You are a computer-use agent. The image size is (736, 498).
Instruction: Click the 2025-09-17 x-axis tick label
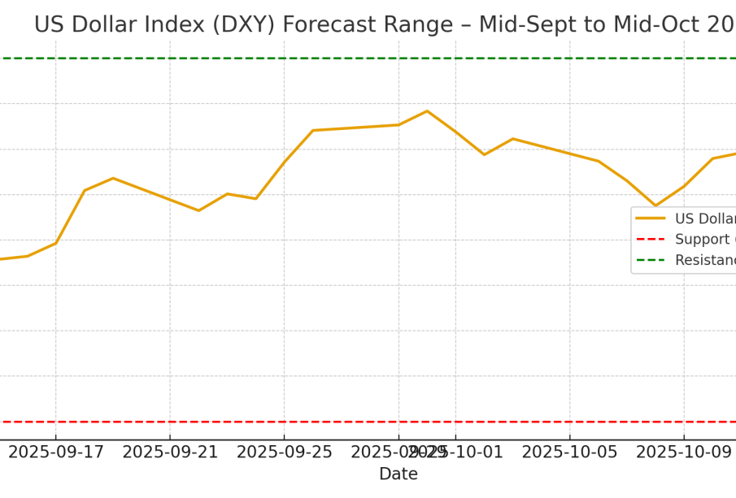(56, 453)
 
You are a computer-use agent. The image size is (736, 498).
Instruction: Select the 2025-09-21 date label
(170, 453)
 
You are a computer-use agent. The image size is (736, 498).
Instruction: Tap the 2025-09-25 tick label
(284, 453)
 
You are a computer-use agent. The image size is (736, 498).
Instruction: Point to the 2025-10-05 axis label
(569, 453)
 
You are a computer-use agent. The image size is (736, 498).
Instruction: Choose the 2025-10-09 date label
(683, 453)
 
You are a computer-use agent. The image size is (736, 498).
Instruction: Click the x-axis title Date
(398, 474)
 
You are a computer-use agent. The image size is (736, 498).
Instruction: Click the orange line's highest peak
(427, 111)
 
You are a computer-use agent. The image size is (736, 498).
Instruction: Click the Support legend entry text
(704, 240)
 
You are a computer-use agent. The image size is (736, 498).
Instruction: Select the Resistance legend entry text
(704, 261)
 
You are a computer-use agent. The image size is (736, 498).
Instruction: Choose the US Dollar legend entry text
(704, 219)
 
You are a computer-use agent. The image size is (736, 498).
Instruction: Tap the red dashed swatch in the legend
(651, 240)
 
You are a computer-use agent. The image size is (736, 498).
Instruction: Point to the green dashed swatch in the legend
(651, 261)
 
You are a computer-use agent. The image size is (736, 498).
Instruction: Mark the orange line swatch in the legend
(651, 219)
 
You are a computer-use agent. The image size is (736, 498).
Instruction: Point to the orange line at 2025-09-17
(56, 243)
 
